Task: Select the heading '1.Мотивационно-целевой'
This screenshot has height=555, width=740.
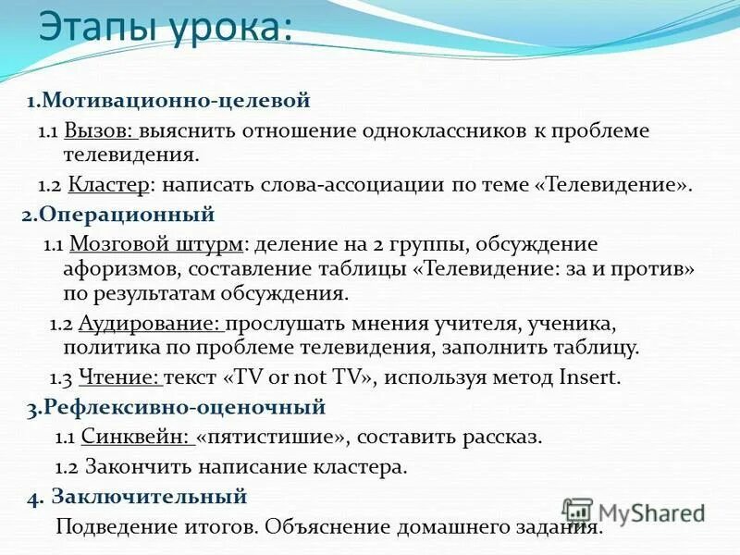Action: tap(167, 100)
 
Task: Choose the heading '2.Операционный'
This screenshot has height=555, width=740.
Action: tap(118, 216)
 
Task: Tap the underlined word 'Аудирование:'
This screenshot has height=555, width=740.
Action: tap(152, 325)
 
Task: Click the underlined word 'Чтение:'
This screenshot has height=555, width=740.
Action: tap(120, 377)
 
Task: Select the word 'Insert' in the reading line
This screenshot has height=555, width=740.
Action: tap(590, 377)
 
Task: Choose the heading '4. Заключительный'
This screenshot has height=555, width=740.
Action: tap(138, 497)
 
